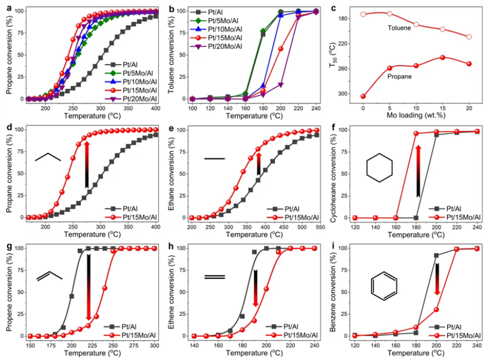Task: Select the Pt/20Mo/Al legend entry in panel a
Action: click(x=131, y=99)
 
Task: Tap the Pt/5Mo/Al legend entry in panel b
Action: click(x=223, y=20)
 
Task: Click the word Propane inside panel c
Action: click(x=399, y=77)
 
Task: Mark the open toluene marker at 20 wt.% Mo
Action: click(x=469, y=37)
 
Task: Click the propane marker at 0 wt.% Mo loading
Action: click(x=363, y=96)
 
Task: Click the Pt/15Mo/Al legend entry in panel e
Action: click(x=296, y=218)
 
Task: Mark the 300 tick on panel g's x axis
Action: click(x=155, y=344)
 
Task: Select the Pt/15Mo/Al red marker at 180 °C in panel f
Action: click(x=415, y=134)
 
